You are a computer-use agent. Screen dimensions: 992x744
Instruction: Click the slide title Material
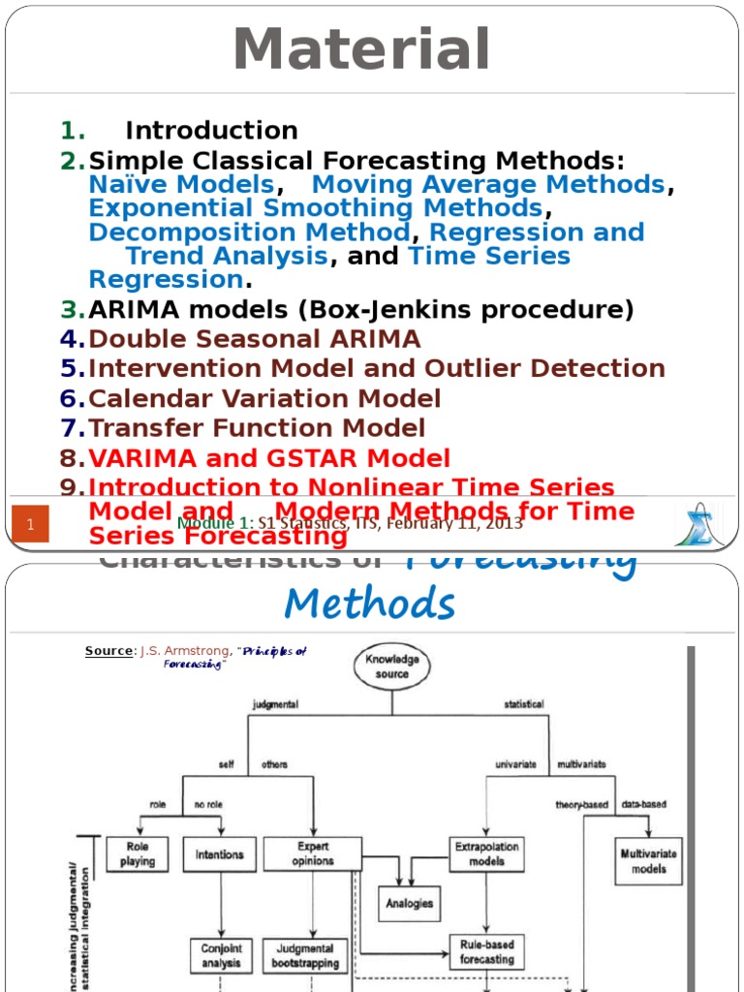coord(361,49)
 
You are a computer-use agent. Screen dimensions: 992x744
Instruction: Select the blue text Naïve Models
coord(181,184)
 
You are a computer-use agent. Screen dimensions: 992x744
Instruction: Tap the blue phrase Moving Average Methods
coord(487,184)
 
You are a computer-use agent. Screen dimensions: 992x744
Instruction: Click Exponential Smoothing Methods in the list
coord(315,208)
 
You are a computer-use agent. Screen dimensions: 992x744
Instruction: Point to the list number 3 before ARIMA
coord(73,310)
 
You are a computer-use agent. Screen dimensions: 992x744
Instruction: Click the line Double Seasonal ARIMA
coord(254,339)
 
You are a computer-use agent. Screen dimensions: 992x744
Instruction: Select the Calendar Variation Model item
coord(263,398)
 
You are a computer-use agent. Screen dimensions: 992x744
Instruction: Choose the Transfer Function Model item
coord(256,428)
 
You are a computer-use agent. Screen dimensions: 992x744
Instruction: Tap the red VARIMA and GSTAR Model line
coord(268,458)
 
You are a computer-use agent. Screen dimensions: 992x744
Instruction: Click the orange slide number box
coord(30,524)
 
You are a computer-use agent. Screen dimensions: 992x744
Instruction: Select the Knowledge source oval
coord(391,666)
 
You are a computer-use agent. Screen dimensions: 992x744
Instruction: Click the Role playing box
coord(137,854)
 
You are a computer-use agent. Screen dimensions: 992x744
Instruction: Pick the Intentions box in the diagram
coord(219,854)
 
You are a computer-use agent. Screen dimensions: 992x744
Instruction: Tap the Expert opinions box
coord(312,853)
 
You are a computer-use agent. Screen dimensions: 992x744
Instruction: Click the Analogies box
coord(409,904)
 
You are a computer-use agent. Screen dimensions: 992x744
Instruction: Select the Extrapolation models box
coord(486,853)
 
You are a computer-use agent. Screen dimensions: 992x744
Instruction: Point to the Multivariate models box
coord(648,861)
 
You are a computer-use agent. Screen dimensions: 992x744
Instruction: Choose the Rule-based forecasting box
coord(486,951)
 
